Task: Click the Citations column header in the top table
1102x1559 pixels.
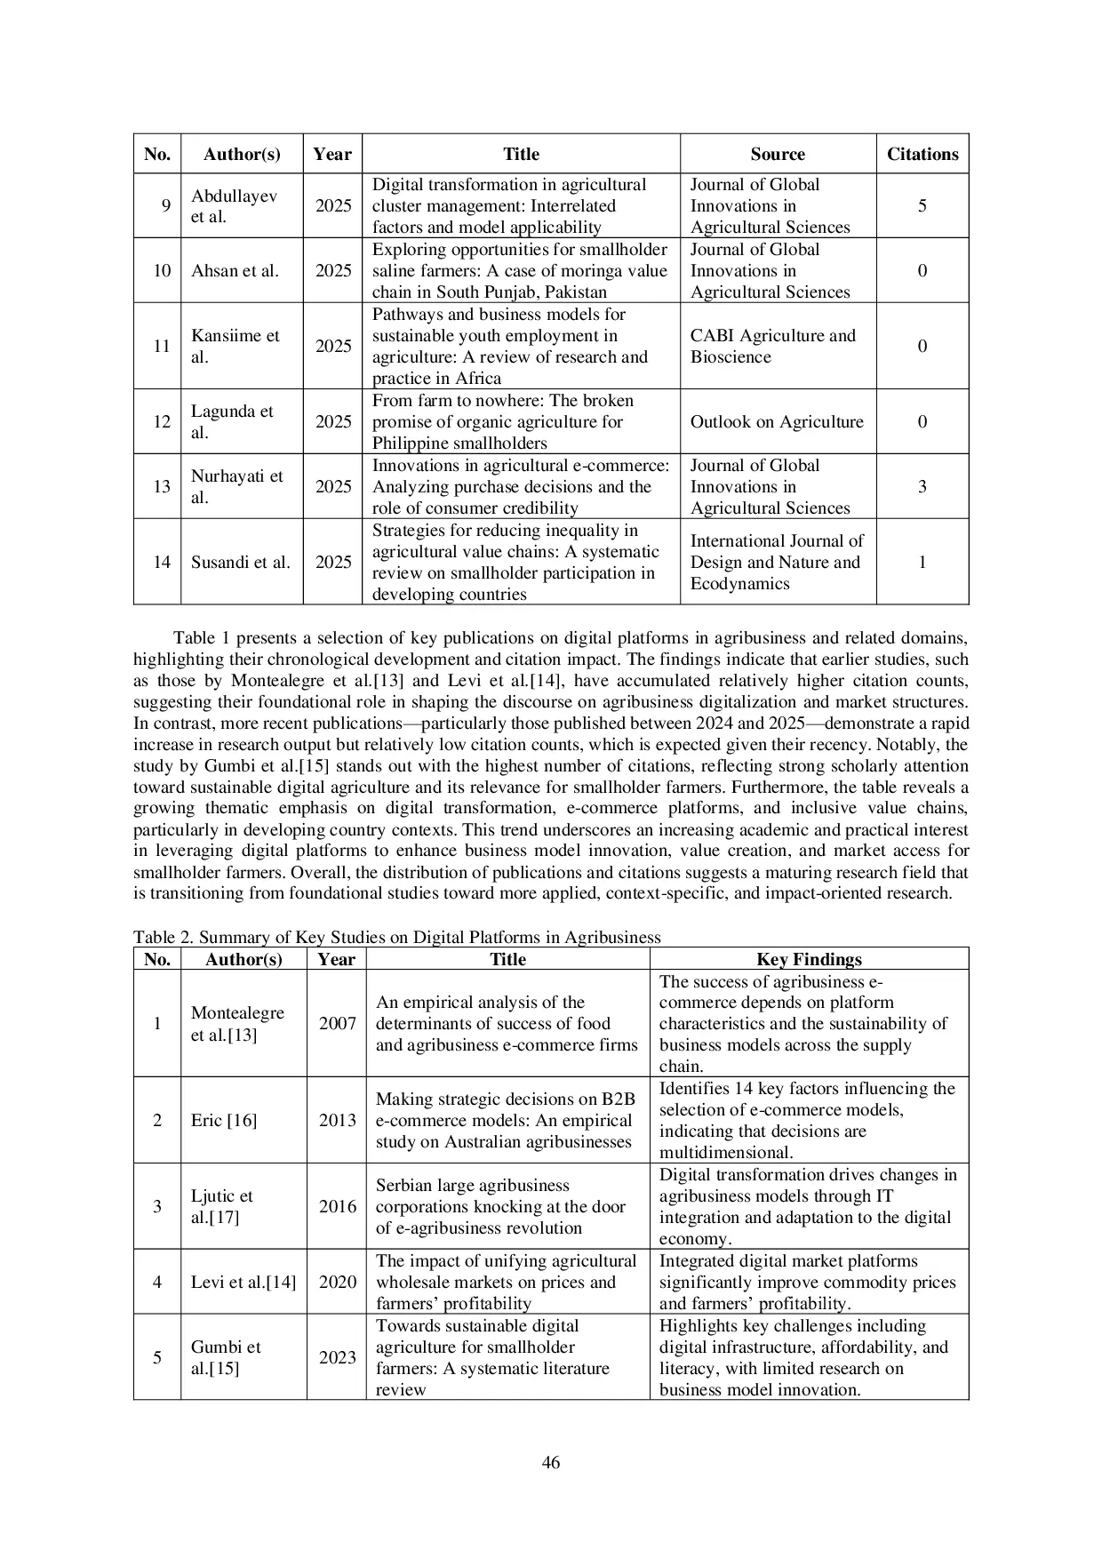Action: point(922,154)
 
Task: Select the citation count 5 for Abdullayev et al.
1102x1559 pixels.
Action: point(922,205)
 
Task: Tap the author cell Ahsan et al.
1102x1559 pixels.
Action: point(235,270)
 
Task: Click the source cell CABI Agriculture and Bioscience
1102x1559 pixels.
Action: point(772,346)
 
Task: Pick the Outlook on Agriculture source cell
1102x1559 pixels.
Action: point(777,421)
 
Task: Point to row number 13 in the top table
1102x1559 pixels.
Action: point(161,486)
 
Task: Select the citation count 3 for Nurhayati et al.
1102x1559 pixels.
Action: point(922,486)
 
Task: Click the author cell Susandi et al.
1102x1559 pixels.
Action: point(240,562)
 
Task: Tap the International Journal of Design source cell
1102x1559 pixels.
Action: point(777,562)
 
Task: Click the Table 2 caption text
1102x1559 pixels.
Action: point(397,937)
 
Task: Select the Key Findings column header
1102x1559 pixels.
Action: point(809,959)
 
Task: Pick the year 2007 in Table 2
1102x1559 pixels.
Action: point(337,1023)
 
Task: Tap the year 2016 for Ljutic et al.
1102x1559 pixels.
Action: point(337,1206)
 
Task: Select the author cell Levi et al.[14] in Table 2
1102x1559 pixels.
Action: point(243,1282)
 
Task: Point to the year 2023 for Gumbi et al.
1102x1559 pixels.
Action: point(337,1357)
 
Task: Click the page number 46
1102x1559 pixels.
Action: point(550,1462)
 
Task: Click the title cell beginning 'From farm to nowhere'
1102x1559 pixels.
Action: point(502,421)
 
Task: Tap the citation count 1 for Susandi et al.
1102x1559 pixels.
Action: point(922,562)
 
